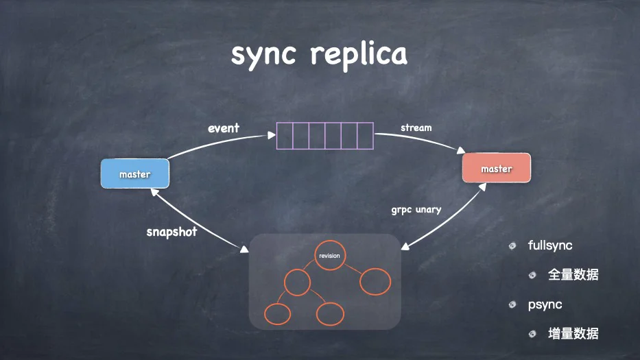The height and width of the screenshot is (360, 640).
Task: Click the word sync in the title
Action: pyautogui.click(x=263, y=55)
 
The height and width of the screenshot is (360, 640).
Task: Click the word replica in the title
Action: pyautogui.click(x=359, y=55)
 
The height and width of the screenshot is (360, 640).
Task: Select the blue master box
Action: pyautogui.click(x=135, y=173)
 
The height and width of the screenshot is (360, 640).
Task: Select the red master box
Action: pyautogui.click(x=497, y=168)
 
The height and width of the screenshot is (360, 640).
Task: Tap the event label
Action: pyautogui.click(x=223, y=128)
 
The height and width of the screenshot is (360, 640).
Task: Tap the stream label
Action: pyautogui.click(x=416, y=128)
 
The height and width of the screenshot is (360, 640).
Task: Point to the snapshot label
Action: pyautogui.click(x=172, y=232)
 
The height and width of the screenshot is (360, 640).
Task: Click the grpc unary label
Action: pyautogui.click(x=416, y=210)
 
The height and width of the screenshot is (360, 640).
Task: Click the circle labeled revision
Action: pyautogui.click(x=330, y=256)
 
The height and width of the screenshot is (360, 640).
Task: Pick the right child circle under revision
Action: pyautogui.click(x=375, y=282)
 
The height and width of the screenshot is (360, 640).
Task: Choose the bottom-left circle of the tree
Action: pyautogui.click(x=278, y=314)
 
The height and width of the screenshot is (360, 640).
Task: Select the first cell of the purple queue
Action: pyautogui.click(x=285, y=136)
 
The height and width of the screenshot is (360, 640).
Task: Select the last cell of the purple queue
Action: pyautogui.click(x=366, y=136)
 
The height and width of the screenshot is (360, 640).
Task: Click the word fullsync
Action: pyautogui.click(x=549, y=245)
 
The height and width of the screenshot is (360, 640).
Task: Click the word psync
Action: pyautogui.click(x=545, y=304)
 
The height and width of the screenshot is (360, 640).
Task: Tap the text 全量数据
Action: pyautogui.click(x=573, y=275)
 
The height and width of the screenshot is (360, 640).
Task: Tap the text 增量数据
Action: pyautogui.click(x=573, y=334)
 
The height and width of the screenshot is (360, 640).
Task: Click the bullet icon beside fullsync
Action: pyautogui.click(x=512, y=245)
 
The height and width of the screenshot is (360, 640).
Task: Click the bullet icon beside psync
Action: pyautogui.click(x=512, y=304)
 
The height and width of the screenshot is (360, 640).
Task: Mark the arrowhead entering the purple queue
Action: pyautogui.click(x=272, y=135)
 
